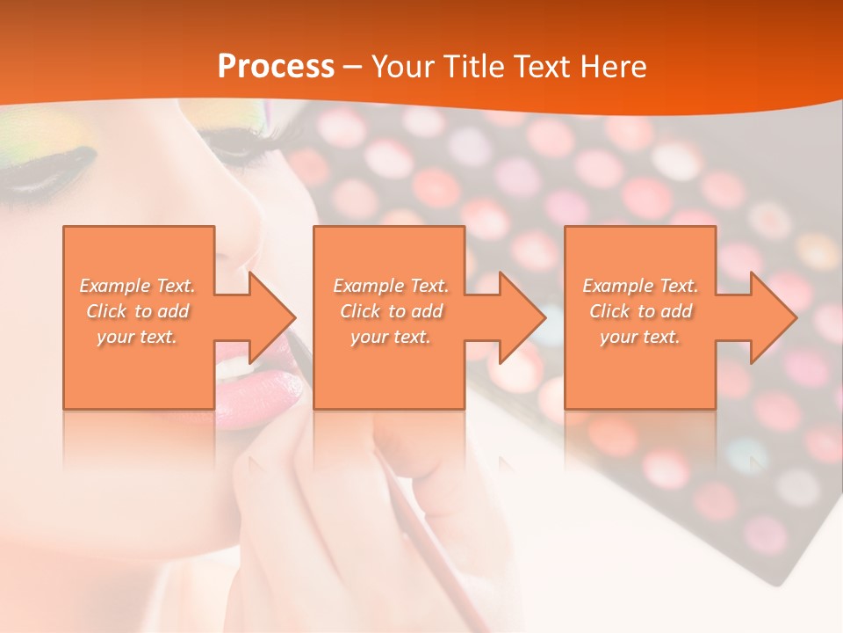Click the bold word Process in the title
click(276, 67)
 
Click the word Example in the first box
click(115, 286)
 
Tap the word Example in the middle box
click(368, 286)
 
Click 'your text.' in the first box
click(137, 337)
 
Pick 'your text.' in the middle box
click(390, 337)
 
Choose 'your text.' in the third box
click(640, 337)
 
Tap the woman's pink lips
click(263, 387)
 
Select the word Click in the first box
click(105, 311)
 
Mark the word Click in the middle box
click(359, 311)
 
